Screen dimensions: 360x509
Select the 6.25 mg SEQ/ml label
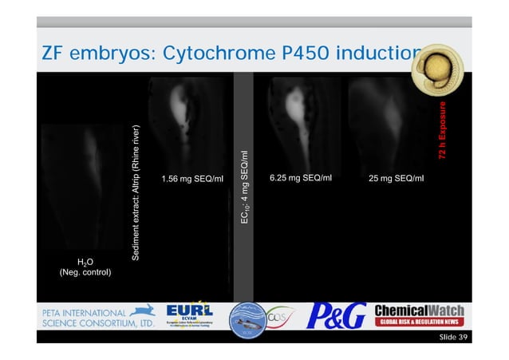click(x=300, y=177)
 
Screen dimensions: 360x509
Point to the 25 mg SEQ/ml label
click(x=397, y=177)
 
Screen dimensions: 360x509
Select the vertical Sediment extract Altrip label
click(x=136, y=192)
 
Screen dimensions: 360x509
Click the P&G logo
click(x=338, y=313)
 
